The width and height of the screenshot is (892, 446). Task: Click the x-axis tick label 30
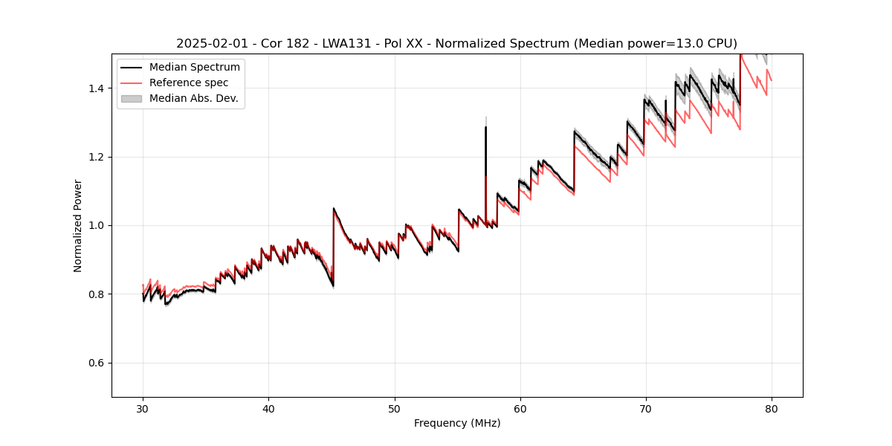pos(143,409)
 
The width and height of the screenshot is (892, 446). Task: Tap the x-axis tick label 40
pos(268,409)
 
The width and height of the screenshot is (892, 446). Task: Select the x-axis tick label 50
pos(394,409)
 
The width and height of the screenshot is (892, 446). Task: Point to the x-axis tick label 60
pos(520,409)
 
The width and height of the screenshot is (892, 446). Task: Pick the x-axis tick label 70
pos(645,409)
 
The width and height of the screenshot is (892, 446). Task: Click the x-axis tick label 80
pos(771,409)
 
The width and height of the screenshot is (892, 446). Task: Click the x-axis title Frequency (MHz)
pos(457,424)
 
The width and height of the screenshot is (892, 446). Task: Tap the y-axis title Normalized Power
pos(78,225)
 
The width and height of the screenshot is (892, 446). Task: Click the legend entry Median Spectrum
pos(194,68)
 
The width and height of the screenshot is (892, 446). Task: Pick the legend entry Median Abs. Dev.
pos(193,98)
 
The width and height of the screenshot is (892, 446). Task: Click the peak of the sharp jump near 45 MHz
pos(333,208)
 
